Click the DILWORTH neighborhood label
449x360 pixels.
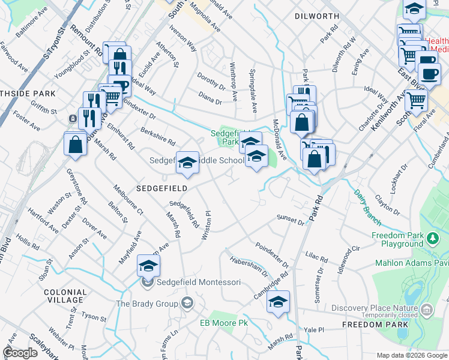[x=317, y=17]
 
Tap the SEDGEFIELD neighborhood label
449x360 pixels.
[x=162, y=188]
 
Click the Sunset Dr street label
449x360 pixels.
[x=291, y=220]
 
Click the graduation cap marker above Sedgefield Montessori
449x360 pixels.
[x=148, y=265]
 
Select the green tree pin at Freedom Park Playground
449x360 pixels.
[x=432, y=239]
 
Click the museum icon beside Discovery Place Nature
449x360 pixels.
[x=427, y=310]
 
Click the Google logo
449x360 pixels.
[x=20, y=353]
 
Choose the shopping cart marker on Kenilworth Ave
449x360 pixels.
[x=415, y=100]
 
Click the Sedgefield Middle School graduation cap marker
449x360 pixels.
[x=187, y=162]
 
